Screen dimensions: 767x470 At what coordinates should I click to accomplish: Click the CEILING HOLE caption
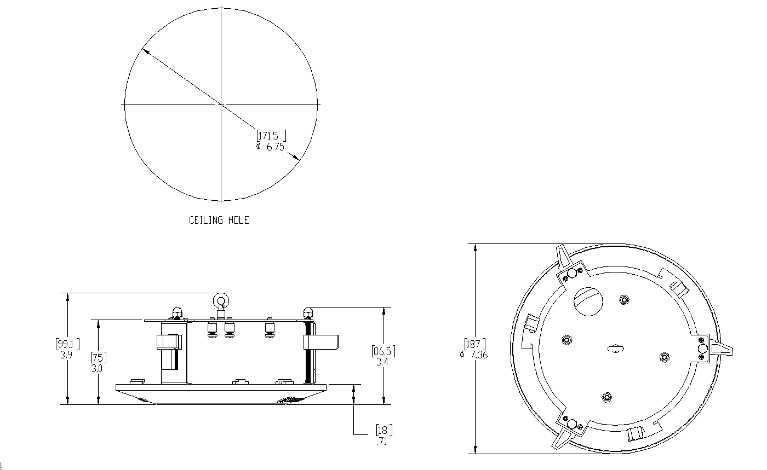point(219,220)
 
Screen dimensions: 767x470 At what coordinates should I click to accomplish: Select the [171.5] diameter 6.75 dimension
point(271,141)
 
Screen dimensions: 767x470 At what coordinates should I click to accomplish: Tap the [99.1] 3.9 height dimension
point(67,349)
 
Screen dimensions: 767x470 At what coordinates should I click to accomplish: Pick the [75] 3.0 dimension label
point(98,363)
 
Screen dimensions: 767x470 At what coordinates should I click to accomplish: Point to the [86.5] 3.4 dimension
point(383,356)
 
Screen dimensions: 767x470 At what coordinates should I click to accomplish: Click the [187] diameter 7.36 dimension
point(474,349)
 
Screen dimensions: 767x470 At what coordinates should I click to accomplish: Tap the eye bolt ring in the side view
point(221,301)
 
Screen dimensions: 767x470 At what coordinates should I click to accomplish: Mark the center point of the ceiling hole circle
point(221,105)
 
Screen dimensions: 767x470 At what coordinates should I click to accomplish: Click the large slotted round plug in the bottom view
point(588,301)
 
